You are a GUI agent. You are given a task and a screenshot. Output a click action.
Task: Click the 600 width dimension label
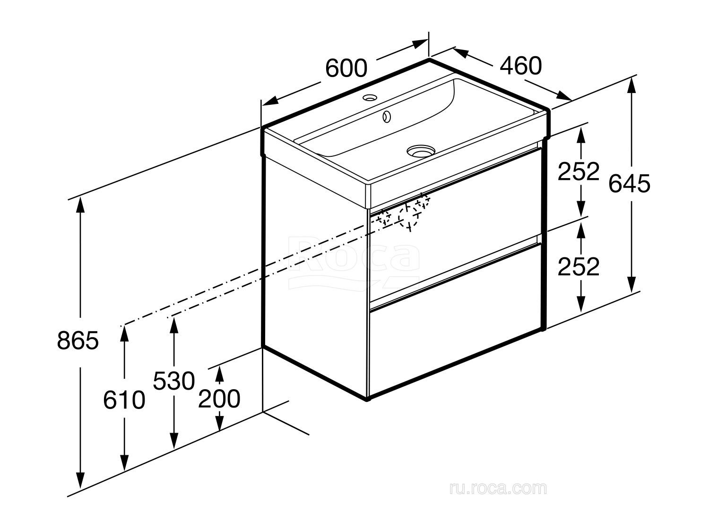coord(346,68)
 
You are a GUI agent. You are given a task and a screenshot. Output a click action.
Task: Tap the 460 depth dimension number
coord(521,66)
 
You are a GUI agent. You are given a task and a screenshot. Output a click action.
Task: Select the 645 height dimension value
coord(629,184)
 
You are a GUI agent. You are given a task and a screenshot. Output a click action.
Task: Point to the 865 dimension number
coord(78,340)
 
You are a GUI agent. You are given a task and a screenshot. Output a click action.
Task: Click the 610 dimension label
coord(124,400)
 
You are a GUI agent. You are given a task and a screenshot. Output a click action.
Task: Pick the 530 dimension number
coord(174,381)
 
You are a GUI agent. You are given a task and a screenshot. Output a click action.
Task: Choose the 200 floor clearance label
coord(219,399)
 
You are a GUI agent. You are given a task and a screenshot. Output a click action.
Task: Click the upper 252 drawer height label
coord(579,171)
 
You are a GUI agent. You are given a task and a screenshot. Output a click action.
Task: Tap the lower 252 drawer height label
coord(579,266)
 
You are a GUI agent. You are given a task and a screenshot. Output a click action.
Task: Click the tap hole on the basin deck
coord(370,97)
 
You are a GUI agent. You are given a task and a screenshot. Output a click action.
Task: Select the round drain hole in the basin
coord(421,151)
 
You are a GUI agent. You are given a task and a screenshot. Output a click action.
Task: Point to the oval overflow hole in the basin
coord(386,117)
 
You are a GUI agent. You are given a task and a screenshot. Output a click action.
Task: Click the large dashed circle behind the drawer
coord(408,217)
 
